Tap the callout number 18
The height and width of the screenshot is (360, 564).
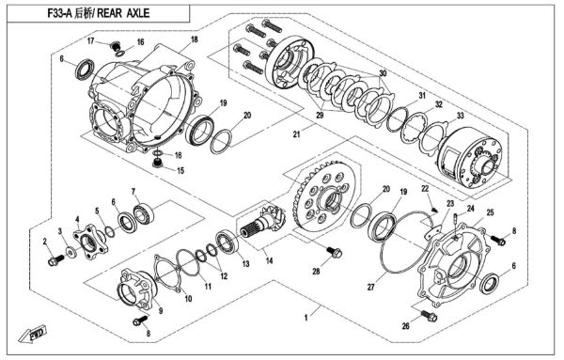pos(195,39)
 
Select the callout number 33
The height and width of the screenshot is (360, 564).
pos(459,115)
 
